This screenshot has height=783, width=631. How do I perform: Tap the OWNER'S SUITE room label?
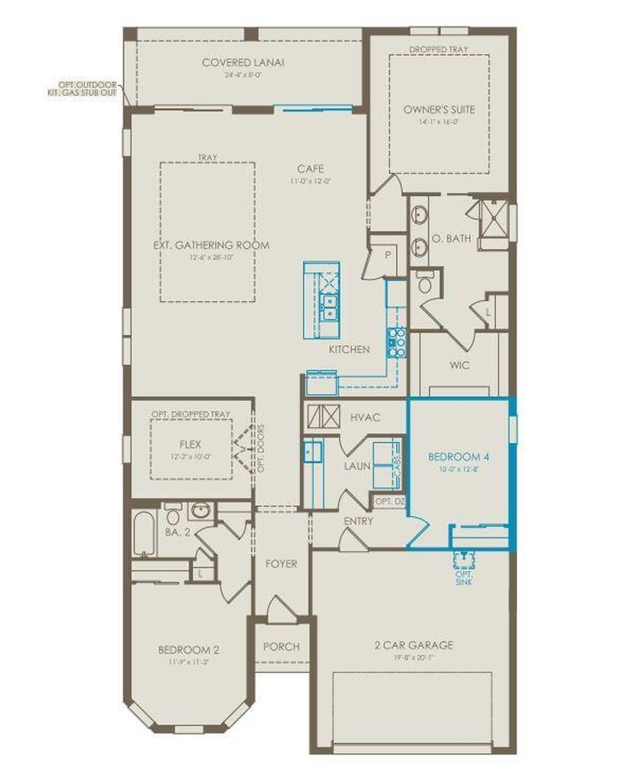(x=439, y=110)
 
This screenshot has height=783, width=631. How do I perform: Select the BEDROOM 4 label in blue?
(x=459, y=457)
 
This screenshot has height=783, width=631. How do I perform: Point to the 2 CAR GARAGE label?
(x=413, y=645)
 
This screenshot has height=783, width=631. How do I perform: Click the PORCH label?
(x=281, y=646)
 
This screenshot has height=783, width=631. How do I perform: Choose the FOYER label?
(x=281, y=564)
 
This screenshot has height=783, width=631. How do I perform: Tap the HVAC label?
(x=365, y=417)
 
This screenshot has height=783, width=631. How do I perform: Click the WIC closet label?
(x=459, y=365)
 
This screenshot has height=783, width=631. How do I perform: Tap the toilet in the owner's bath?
(x=425, y=283)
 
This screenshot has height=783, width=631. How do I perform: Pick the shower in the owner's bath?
(x=494, y=217)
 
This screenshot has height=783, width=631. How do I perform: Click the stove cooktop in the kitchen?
(x=396, y=342)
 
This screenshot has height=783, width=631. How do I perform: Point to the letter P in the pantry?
(x=389, y=255)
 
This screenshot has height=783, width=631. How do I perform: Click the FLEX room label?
(x=190, y=444)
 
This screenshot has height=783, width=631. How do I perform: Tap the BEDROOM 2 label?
(x=189, y=650)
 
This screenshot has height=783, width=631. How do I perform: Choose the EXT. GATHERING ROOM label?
(x=211, y=245)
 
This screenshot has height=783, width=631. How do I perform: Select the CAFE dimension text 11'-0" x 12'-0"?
(x=310, y=181)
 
